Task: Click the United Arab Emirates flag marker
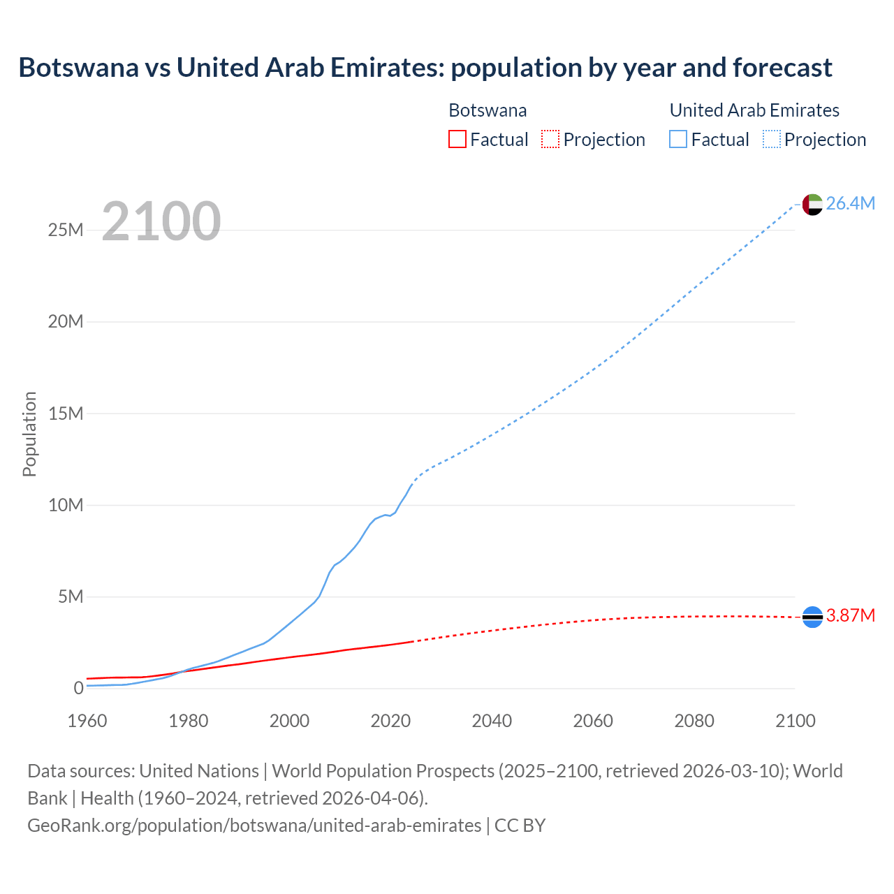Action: coord(812,205)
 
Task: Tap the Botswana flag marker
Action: coord(812,617)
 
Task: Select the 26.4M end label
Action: coord(850,203)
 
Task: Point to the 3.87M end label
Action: coord(850,615)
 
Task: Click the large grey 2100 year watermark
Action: coord(161,221)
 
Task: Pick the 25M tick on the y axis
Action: coord(66,230)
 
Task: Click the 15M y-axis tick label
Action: coord(66,413)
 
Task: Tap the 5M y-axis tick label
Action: coord(71,596)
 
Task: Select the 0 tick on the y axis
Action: coord(78,688)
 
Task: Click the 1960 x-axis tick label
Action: coord(87,721)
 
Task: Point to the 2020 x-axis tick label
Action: coord(390,721)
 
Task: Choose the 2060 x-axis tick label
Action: coord(593,721)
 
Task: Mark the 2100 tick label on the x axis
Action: coord(795,721)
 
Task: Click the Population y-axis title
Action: coord(29,434)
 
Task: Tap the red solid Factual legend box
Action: coord(457,139)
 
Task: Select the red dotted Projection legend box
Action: coord(550,139)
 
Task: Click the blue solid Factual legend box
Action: coord(678,139)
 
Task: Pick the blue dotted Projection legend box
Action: coord(771,139)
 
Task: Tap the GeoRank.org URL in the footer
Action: coord(254,825)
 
